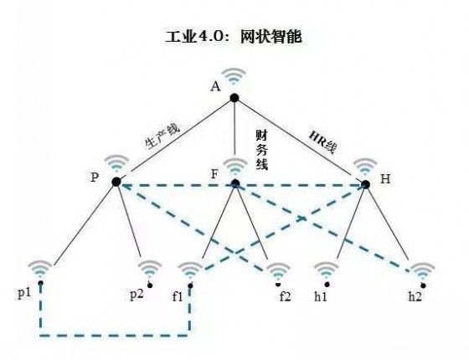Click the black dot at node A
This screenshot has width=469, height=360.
(234, 98)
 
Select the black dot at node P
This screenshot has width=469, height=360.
(116, 182)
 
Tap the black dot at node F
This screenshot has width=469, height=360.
(235, 183)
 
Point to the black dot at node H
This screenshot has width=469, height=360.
(365, 184)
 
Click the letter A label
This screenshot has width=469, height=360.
(215, 86)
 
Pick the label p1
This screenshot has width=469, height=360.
(24, 293)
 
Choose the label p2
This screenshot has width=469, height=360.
(137, 294)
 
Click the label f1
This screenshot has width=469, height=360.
(178, 296)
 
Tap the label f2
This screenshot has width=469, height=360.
(285, 296)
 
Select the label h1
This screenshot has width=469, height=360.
(320, 296)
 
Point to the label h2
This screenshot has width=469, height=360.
(415, 296)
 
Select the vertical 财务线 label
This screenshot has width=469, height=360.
(261, 150)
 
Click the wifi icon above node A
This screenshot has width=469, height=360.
(234, 76)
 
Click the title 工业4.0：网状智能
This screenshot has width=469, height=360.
(234, 37)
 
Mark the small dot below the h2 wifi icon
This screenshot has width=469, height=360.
(423, 285)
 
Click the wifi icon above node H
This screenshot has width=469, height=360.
(365, 167)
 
